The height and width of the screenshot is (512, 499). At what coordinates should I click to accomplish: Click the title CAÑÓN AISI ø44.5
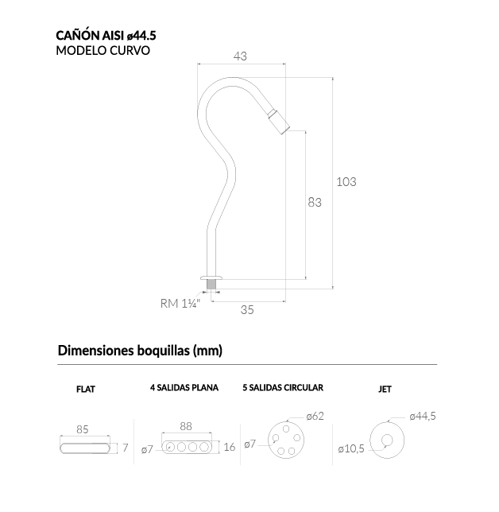106,35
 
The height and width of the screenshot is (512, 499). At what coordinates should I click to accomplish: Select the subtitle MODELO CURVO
103,51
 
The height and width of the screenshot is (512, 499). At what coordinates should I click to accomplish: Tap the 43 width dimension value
240,56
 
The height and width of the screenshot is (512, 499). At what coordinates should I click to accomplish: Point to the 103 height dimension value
346,181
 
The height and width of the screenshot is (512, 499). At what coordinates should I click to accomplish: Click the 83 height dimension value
315,203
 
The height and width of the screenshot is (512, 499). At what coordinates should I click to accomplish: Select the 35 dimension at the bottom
247,309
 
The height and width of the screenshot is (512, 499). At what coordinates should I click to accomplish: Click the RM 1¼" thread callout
180,304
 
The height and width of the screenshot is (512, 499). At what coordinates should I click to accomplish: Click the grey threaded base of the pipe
211,284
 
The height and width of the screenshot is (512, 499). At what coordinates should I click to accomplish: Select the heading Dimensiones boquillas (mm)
140,351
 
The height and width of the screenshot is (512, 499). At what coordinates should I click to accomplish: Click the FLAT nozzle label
86,390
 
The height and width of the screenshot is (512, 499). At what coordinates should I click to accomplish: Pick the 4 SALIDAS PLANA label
184,388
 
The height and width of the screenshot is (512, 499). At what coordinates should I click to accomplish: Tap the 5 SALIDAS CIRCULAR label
283,388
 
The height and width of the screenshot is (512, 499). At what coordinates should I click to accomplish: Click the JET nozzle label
385,390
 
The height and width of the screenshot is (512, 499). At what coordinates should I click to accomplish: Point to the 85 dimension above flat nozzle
83,429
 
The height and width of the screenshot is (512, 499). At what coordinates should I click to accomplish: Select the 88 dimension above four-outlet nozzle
186,426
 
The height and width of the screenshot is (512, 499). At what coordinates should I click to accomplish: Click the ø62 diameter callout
315,417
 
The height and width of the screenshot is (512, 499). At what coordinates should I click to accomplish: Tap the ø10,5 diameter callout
351,449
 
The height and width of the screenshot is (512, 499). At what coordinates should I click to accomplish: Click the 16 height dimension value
230,447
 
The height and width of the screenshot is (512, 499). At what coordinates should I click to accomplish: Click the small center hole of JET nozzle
387,440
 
